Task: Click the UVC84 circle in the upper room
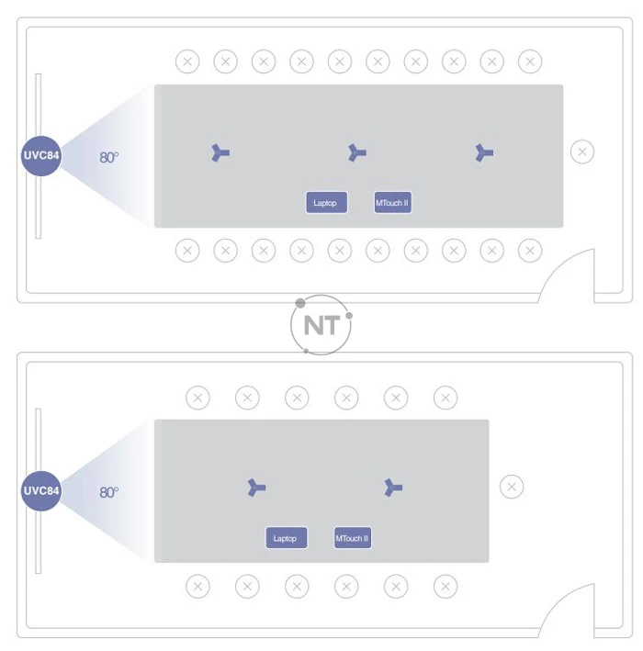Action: (41, 156)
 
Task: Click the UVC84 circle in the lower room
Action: (41, 490)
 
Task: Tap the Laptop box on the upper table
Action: (326, 203)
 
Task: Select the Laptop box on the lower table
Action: (287, 538)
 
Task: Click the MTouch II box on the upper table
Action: (392, 203)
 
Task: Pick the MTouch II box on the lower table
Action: (353, 538)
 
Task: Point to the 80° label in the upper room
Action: (108, 157)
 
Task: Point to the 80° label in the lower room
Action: (108, 492)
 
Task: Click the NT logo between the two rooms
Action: (321, 325)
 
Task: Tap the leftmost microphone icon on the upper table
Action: (220, 152)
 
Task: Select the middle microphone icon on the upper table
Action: (356, 152)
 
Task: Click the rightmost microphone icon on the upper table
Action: (484, 152)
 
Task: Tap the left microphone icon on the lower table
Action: (256, 488)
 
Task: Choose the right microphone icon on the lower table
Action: (393, 488)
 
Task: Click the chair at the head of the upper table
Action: (582, 152)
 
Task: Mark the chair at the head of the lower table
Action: (512, 487)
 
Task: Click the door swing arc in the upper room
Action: (558, 264)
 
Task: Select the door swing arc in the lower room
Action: (558, 600)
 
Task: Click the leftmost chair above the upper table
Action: (187, 62)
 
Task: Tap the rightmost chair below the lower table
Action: (446, 586)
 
